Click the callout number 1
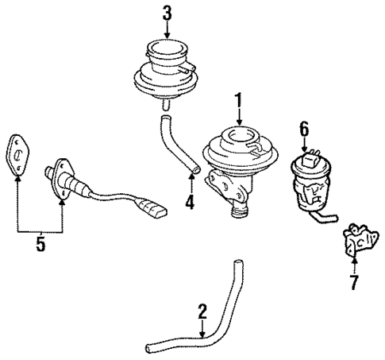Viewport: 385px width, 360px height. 237,102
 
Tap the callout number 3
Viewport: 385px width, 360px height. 167,14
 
